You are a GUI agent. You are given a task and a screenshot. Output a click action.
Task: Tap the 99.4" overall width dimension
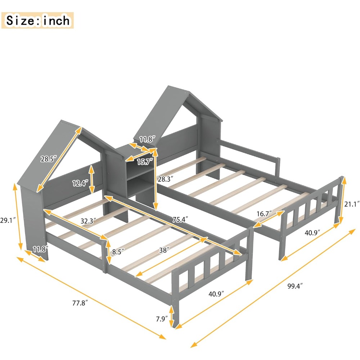pos(295,286)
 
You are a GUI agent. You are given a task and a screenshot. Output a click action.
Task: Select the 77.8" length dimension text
pos(80,303)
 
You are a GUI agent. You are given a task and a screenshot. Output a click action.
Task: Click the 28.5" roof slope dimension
pos(48,159)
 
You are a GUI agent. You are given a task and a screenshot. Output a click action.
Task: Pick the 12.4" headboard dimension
pos(80,183)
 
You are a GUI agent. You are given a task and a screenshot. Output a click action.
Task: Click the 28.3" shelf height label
pos(166,178)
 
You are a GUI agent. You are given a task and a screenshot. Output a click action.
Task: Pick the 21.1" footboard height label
pos(352,204)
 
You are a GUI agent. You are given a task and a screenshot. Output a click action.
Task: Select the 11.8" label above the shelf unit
pos(147,139)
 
